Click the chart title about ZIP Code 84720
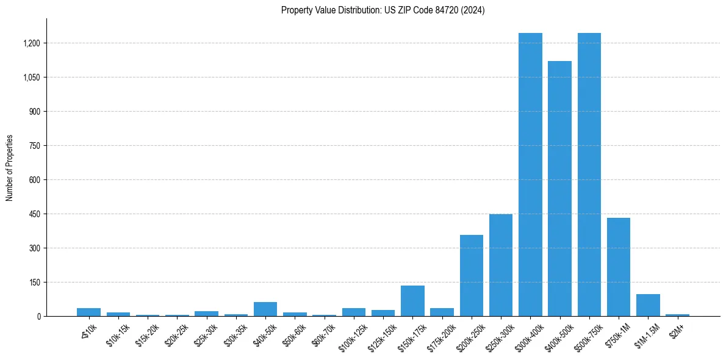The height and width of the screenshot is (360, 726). pyautogui.click(x=383, y=10)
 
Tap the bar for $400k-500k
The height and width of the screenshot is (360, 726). pyautogui.click(x=559, y=189)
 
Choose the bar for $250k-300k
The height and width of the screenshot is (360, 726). pyautogui.click(x=501, y=265)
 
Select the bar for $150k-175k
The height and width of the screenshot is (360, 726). pyautogui.click(x=412, y=301)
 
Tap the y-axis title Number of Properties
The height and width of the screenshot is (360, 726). pyautogui.click(x=10, y=168)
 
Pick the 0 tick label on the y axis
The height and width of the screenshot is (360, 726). pyautogui.click(x=38, y=317)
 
